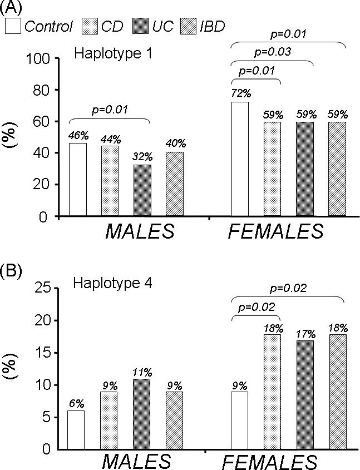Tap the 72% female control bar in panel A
coord(240,159)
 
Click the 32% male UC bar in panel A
coord(142,190)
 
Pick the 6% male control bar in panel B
coord(76,429)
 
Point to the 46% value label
coord(77,135)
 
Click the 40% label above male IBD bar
coord(175,144)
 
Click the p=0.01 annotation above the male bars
coord(109,110)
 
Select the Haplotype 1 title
coord(105,54)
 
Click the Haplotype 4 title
coord(105,283)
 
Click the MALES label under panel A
coord(140,230)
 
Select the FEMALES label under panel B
coord(271,462)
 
